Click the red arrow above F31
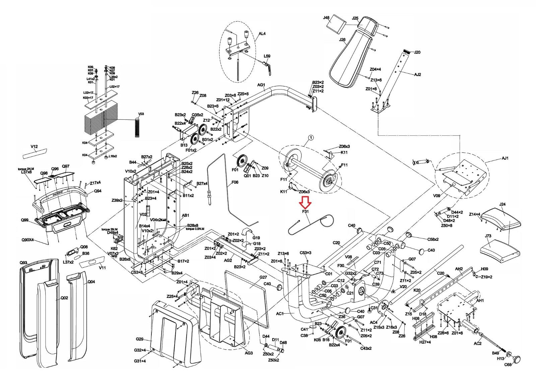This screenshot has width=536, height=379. point(305,203)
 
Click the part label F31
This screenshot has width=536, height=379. point(305,212)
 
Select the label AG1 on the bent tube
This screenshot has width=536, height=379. point(261,85)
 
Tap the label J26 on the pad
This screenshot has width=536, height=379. point(342,40)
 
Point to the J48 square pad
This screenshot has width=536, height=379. point(336,25)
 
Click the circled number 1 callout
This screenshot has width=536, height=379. point(311,137)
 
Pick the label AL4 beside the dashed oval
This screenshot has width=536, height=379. point(262,34)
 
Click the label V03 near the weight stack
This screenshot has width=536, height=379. point(141,114)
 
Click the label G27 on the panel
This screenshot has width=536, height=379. point(263,277)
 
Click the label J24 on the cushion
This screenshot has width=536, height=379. point(502,204)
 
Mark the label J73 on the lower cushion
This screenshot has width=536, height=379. point(488,236)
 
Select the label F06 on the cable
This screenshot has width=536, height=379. point(235,182)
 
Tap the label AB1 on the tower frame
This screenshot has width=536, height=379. point(185,215)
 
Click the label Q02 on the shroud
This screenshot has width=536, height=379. point(64,298)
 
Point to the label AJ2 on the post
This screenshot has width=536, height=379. point(417,74)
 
